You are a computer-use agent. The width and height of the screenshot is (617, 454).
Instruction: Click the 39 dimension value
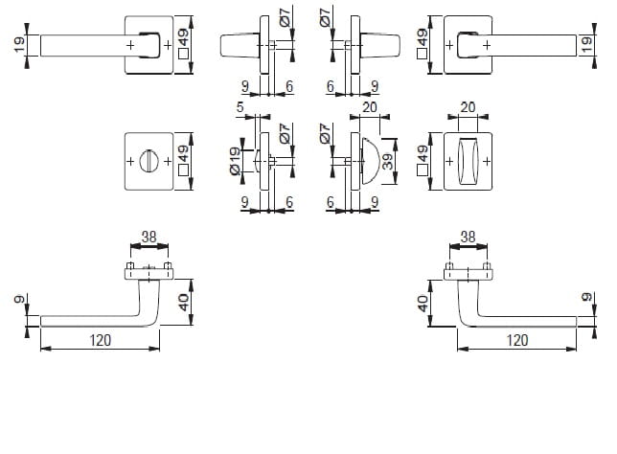pos(388,161)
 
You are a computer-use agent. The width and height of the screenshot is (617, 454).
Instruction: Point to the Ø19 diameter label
pos(234,161)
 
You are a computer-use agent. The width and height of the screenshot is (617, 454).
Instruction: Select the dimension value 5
pos(240,107)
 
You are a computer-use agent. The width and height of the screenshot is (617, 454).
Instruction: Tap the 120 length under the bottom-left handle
pos(101,340)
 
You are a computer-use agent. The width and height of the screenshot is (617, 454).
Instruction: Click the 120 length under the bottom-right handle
pos(517,340)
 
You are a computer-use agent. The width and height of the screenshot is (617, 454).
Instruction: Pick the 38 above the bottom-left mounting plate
pos(149,238)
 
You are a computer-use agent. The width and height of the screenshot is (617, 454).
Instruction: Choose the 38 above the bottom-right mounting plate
pos(468,238)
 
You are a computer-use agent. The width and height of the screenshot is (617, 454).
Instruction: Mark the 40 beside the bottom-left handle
pos(183,303)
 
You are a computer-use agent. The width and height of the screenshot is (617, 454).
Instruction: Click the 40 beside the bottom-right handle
pos(423,304)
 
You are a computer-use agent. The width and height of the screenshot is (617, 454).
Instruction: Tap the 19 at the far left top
pos(19,45)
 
